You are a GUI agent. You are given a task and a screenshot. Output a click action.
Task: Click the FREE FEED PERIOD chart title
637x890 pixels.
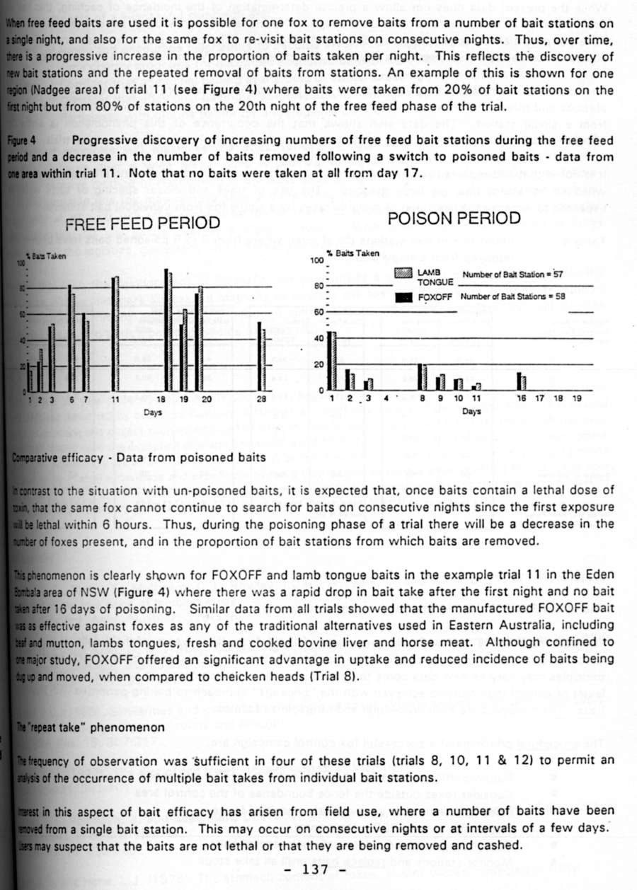point(142,224)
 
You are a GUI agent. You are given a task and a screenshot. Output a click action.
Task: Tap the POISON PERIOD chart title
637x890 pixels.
point(454,218)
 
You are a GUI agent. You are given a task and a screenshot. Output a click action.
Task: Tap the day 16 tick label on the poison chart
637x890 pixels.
point(521,399)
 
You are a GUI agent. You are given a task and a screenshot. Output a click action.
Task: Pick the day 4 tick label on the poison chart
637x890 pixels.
point(386,399)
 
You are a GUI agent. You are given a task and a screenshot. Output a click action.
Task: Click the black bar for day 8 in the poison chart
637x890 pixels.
point(420,377)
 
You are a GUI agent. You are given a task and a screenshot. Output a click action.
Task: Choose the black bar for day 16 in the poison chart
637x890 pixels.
point(519,381)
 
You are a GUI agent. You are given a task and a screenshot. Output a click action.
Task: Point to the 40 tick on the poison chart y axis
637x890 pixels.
point(318,338)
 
